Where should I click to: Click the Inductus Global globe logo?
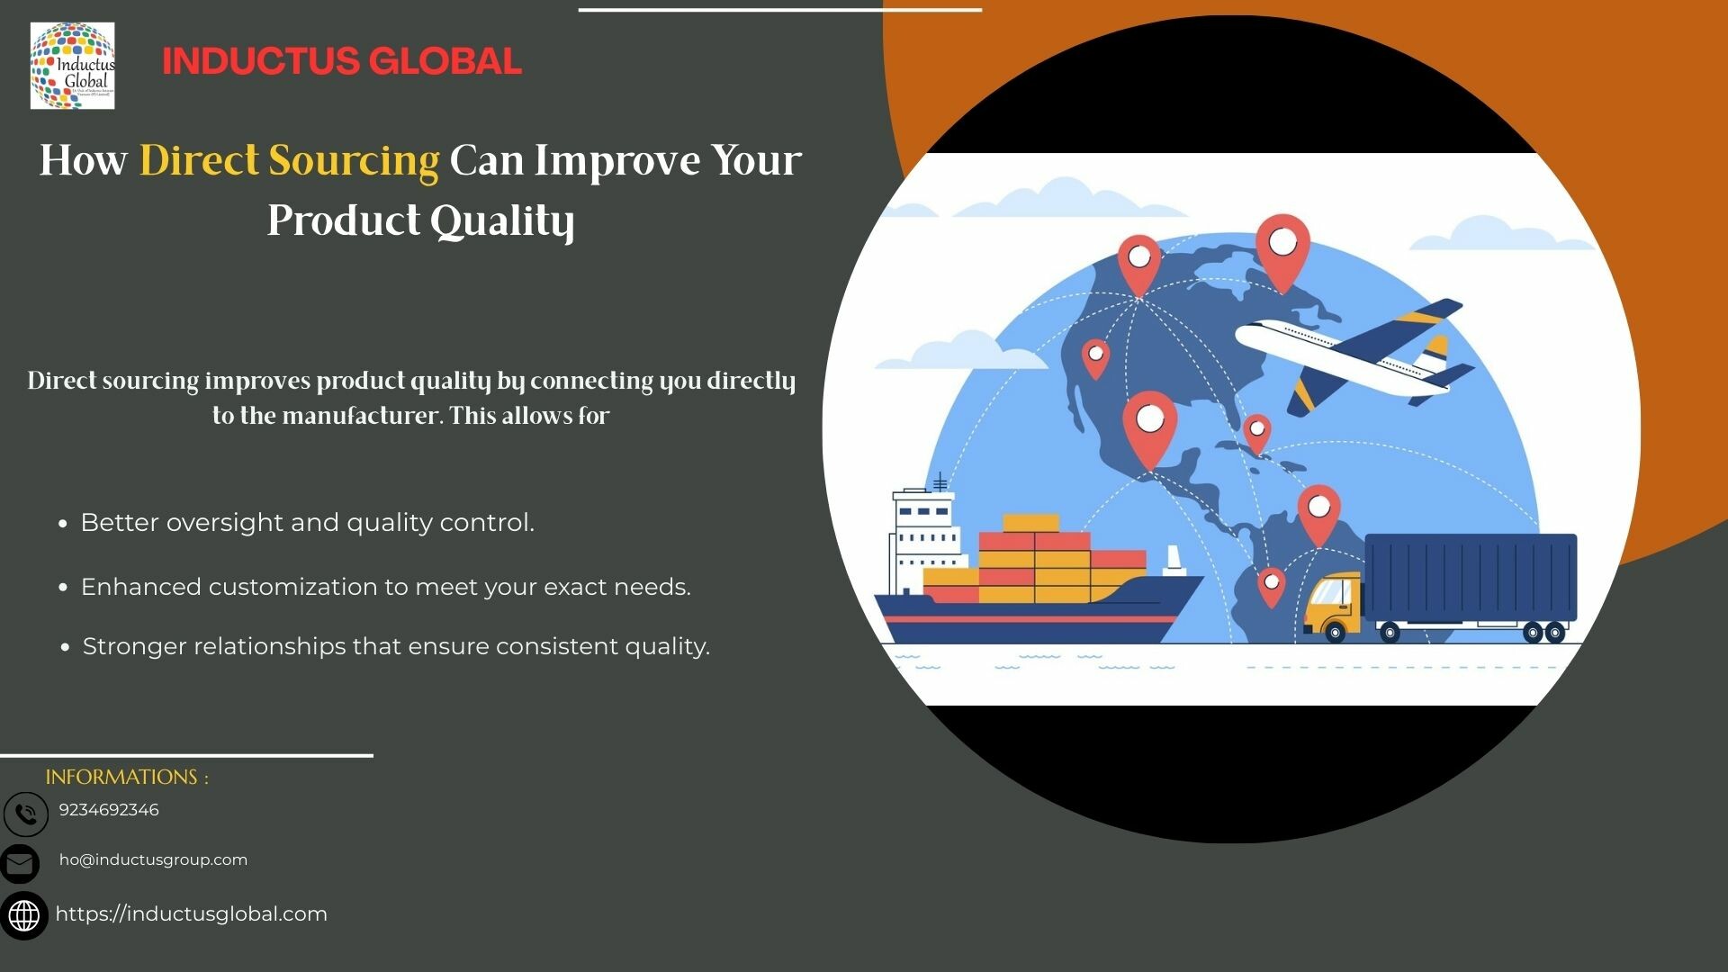[x=72, y=66]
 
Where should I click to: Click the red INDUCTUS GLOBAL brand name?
[x=342, y=61]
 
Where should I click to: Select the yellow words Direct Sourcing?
[x=289, y=161]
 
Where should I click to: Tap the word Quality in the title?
[x=502, y=221]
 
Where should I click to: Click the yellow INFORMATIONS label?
[x=127, y=777]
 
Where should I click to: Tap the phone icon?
[x=26, y=814]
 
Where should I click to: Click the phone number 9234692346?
[x=109, y=810]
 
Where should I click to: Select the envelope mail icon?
[x=20, y=864]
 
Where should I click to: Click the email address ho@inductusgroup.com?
[x=153, y=859]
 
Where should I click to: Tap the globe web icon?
[x=24, y=916]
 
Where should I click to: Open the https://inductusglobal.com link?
[x=192, y=914]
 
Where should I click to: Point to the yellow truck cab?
[x=1334, y=606]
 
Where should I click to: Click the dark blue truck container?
[x=1471, y=577]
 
